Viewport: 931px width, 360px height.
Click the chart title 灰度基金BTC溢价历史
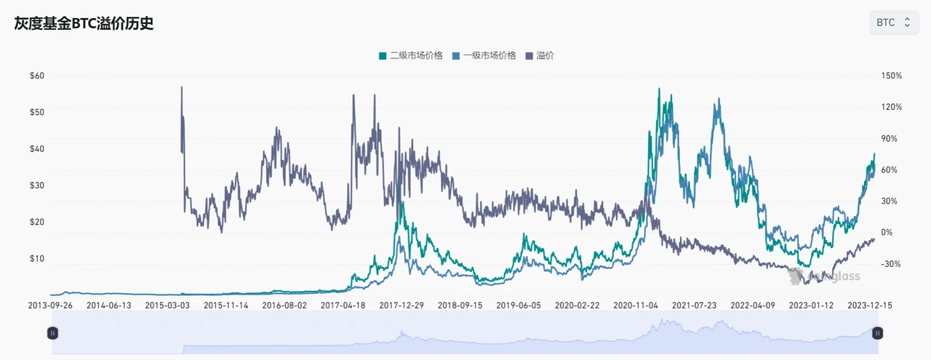tap(84, 23)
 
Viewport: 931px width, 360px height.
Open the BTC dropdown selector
tap(893, 23)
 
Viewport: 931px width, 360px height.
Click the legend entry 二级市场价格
tap(411, 55)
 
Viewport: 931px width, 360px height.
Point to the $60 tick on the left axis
tap(36, 76)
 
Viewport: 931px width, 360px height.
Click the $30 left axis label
tap(36, 185)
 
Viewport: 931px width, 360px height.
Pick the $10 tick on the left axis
tap(36, 259)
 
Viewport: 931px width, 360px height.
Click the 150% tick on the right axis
tap(892, 76)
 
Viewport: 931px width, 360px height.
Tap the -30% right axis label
tap(890, 264)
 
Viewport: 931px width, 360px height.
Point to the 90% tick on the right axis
tap(890, 138)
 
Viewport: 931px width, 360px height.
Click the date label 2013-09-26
tap(50, 306)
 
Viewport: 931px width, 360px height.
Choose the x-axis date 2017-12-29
tap(401, 306)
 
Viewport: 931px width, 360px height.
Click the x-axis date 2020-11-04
tap(636, 306)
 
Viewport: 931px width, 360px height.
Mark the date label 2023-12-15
tap(870, 306)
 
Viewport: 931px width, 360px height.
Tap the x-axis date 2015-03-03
tap(167, 306)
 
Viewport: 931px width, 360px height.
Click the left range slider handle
tap(52, 333)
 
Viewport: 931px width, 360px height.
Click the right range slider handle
tap(878, 333)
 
